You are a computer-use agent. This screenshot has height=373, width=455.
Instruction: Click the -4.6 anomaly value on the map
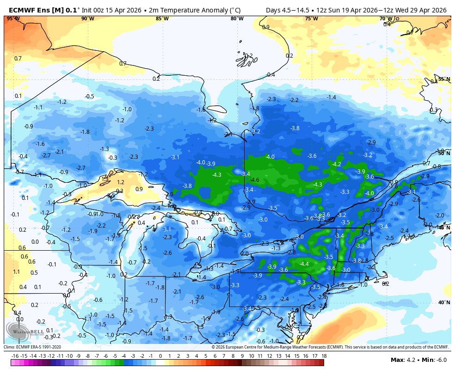pos(254,180)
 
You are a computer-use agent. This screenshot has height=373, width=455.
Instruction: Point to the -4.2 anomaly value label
pos(337,164)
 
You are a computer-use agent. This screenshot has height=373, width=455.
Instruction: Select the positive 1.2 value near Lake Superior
pos(120,182)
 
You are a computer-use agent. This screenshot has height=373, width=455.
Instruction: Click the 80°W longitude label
pos(237,18)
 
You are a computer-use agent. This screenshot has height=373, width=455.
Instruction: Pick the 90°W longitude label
pos(87,18)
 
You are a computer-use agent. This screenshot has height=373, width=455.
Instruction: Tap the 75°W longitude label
pos(311,18)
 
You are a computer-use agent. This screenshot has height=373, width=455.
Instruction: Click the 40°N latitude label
pos(444,303)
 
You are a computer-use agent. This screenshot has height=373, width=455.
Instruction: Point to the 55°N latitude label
pos(444,79)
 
